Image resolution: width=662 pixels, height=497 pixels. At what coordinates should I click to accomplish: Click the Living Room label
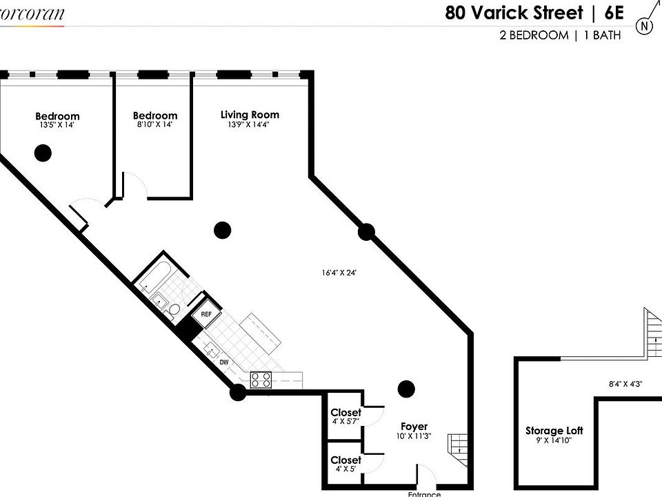click(250, 115)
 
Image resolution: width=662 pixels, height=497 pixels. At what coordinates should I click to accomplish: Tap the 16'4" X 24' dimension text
click(338, 273)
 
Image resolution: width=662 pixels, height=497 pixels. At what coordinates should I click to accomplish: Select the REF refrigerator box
click(205, 314)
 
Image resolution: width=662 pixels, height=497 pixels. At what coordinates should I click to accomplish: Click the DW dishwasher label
click(224, 362)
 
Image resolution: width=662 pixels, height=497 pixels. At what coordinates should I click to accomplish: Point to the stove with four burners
click(261, 378)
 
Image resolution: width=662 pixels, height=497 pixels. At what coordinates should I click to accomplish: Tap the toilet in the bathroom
click(175, 310)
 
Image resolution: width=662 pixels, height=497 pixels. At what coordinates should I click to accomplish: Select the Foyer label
click(414, 427)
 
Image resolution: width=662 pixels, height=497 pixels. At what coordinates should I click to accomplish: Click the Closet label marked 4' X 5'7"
click(345, 413)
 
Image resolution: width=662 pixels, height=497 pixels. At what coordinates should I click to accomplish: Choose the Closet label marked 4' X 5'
click(345, 460)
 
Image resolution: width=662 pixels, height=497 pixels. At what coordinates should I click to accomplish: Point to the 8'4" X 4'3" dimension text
click(625, 384)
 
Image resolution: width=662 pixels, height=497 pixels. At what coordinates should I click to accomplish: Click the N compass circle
click(645, 26)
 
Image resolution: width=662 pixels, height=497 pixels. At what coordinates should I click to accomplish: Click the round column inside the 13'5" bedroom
click(43, 153)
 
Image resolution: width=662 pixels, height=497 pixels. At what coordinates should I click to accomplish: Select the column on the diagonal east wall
click(366, 232)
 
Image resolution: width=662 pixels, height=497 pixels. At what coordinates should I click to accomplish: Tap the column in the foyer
click(406, 389)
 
